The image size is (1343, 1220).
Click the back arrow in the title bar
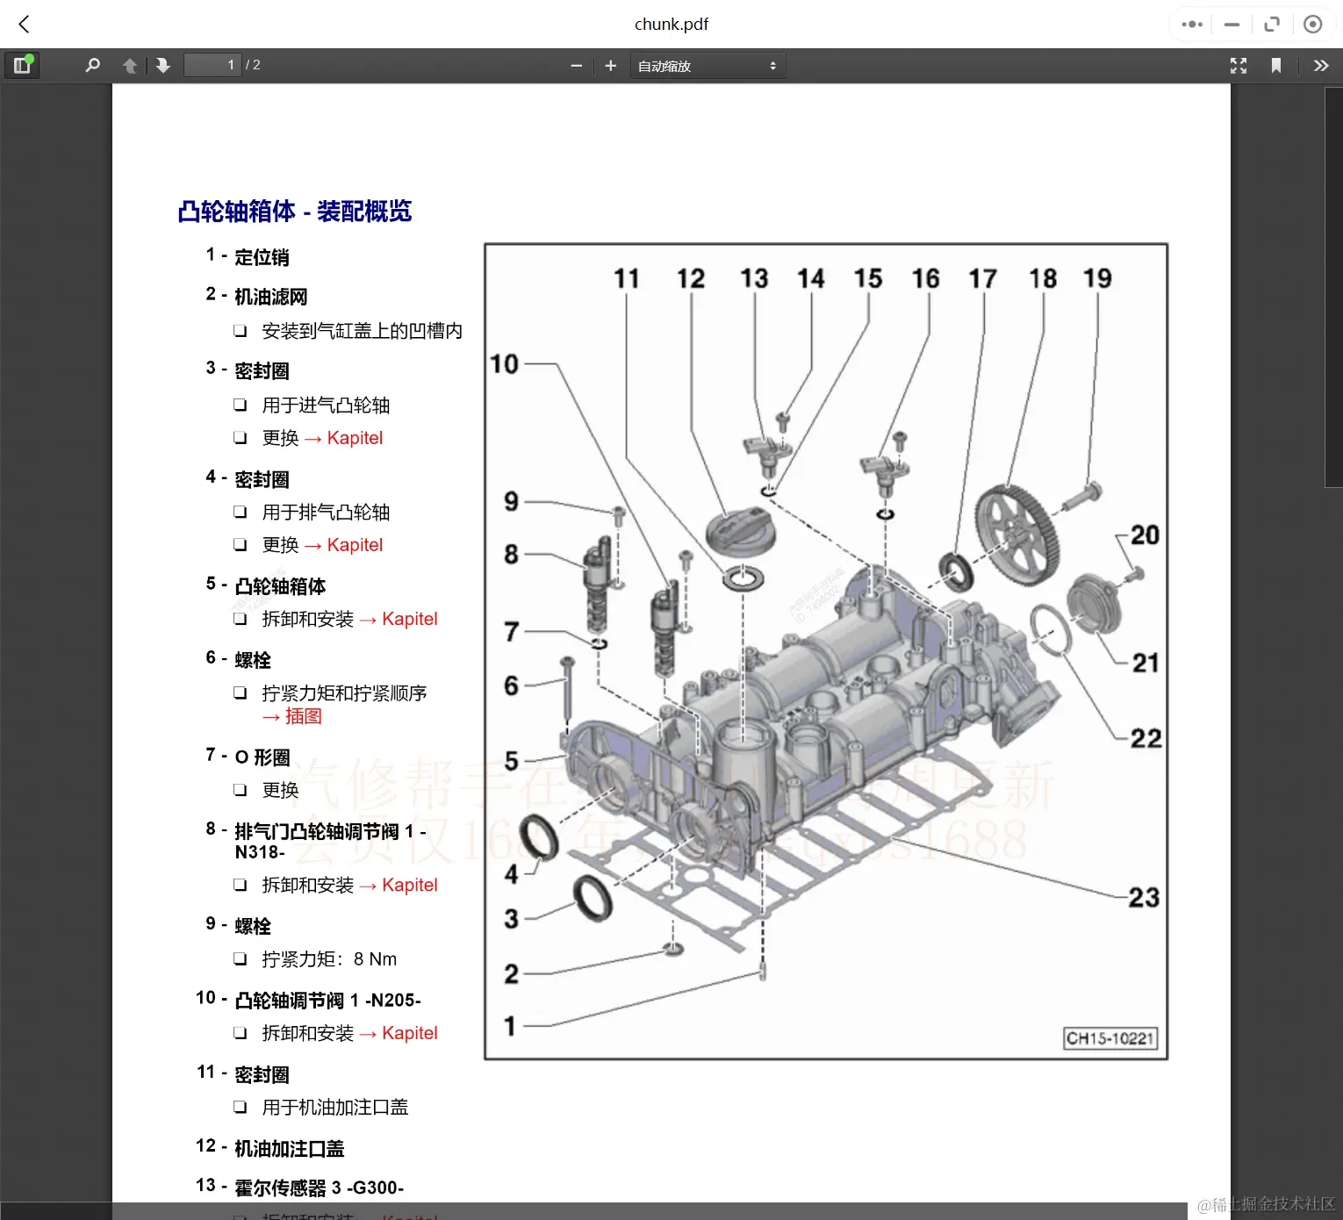(x=25, y=25)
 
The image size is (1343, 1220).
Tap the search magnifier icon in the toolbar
(x=92, y=65)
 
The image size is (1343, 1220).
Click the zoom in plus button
(x=611, y=66)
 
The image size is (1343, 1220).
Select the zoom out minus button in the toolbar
(x=577, y=66)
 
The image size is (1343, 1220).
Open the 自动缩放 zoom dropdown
(x=707, y=66)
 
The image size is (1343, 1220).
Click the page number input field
(x=212, y=65)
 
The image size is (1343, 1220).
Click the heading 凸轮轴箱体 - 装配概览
(x=294, y=212)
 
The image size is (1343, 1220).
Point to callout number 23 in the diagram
(x=1143, y=897)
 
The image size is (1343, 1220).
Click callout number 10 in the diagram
(x=505, y=363)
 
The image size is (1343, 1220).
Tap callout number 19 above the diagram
(x=1097, y=278)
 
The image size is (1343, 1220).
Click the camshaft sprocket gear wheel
(x=1017, y=535)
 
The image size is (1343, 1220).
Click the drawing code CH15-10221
(x=1110, y=1038)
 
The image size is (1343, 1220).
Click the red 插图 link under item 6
(x=303, y=716)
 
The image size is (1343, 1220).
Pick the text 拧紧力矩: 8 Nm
(x=329, y=959)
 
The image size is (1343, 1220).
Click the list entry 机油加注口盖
(x=289, y=1148)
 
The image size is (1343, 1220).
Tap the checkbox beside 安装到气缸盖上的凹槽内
(x=240, y=331)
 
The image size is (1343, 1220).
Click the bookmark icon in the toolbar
(x=1276, y=66)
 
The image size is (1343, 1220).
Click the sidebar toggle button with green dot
(x=22, y=65)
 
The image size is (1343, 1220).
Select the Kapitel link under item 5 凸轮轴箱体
(x=409, y=619)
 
